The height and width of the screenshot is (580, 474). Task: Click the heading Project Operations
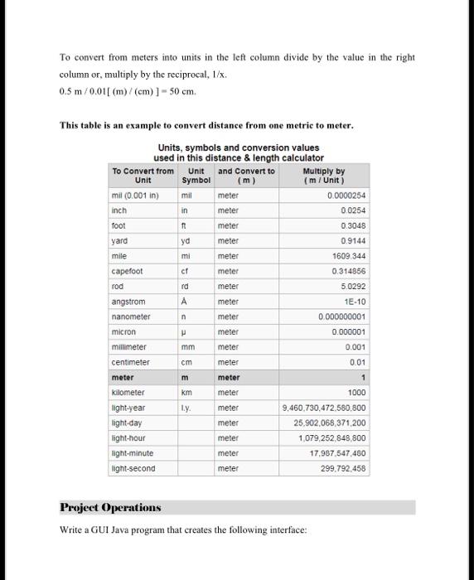[110, 507]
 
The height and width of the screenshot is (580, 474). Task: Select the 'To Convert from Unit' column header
[143, 175]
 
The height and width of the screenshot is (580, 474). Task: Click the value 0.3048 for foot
[352, 226]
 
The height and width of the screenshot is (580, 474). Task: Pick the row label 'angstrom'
[128, 302]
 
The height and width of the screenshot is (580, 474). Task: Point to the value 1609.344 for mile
[348, 257]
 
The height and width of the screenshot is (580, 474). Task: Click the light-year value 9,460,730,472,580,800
[324, 408]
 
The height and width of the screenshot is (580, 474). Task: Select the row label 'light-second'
[133, 468]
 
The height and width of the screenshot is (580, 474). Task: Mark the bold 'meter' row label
[123, 378]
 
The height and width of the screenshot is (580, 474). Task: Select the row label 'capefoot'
[127, 272]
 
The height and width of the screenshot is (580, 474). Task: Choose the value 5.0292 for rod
[352, 287]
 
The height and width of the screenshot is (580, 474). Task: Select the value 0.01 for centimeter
[357, 362]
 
